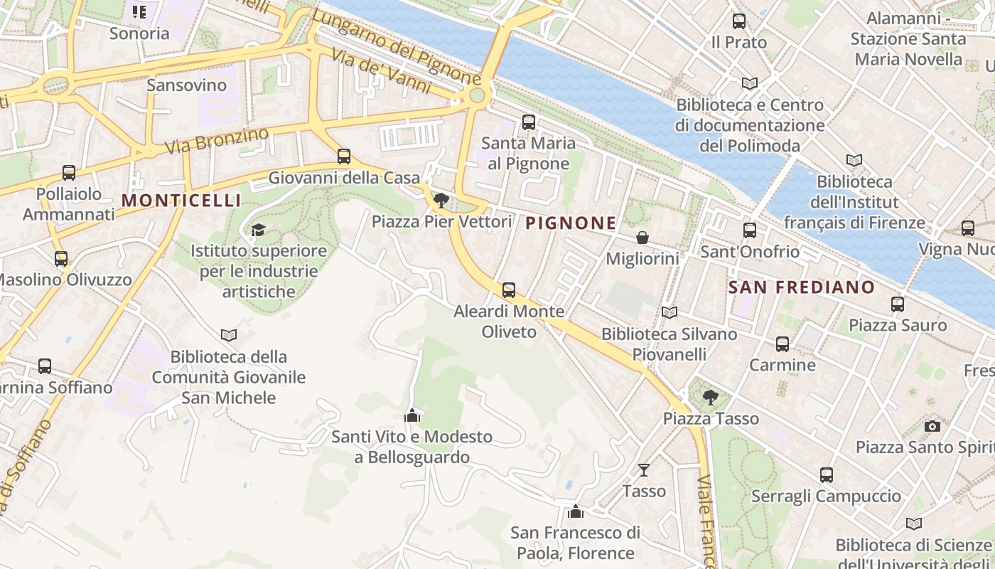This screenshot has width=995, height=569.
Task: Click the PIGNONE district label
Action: pyautogui.click(x=571, y=223)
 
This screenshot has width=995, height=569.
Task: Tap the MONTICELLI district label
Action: pyautogui.click(x=181, y=201)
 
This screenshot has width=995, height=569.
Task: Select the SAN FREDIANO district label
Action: pyautogui.click(x=802, y=287)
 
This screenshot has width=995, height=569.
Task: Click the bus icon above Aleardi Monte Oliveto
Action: pyautogui.click(x=508, y=290)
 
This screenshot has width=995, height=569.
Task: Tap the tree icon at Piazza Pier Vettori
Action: pyautogui.click(x=441, y=200)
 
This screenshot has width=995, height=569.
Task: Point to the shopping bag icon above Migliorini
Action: pyautogui.click(x=642, y=238)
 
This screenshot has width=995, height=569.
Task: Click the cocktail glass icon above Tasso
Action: pyautogui.click(x=644, y=469)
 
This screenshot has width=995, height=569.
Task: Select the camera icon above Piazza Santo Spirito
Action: pyautogui.click(x=932, y=426)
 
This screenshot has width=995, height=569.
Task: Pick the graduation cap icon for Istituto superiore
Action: pyautogui.click(x=258, y=230)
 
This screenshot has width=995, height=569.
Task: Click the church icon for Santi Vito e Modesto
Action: pyautogui.click(x=412, y=415)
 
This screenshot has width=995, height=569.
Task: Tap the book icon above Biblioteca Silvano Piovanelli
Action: pyautogui.click(x=669, y=312)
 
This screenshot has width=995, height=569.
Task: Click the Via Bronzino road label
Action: pyautogui.click(x=217, y=140)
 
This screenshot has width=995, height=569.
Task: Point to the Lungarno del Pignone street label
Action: pyautogui.click(x=396, y=47)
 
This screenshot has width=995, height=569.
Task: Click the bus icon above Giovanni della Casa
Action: pyautogui.click(x=344, y=156)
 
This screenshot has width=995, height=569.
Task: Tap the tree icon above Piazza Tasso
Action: pyautogui.click(x=710, y=397)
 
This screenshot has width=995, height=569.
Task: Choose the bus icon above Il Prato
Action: pyautogui.click(x=739, y=21)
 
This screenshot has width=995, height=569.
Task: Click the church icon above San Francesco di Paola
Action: pyautogui.click(x=575, y=511)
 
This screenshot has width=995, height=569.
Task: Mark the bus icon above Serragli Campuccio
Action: pyautogui.click(x=826, y=474)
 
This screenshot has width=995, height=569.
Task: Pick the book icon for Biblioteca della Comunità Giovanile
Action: pyautogui.click(x=229, y=335)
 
